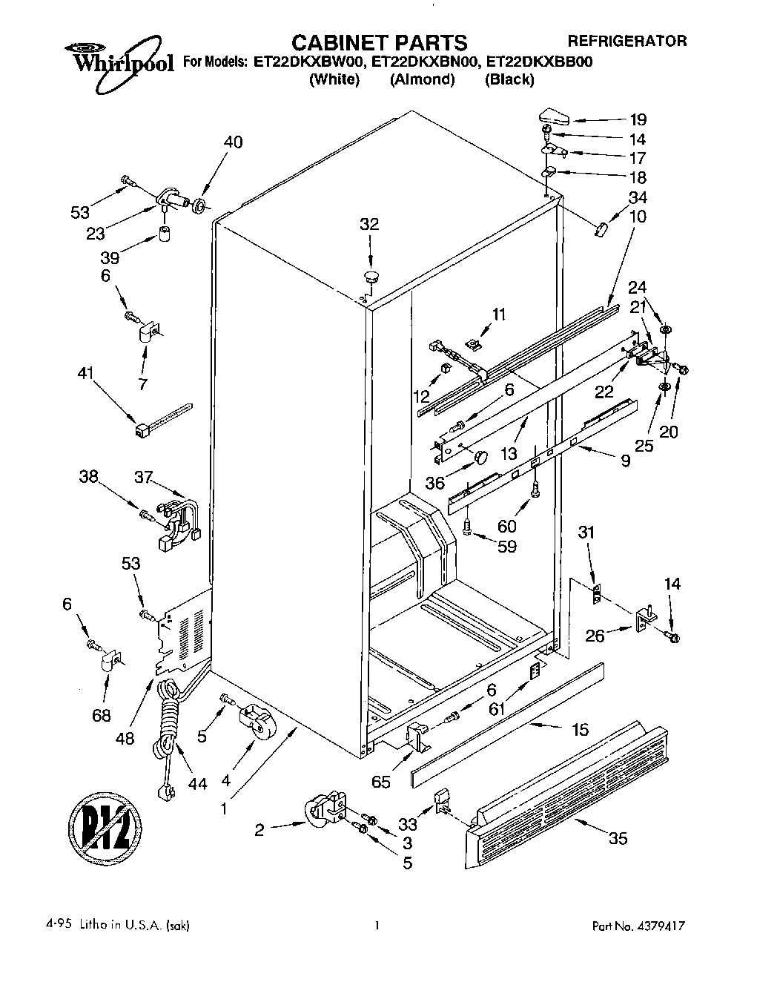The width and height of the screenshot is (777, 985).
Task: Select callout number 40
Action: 233,142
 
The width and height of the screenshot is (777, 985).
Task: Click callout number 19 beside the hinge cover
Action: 638,119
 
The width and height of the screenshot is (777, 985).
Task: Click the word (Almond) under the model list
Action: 422,79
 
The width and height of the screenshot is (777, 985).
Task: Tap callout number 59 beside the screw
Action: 507,547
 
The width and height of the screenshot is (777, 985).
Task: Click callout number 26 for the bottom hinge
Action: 596,636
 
